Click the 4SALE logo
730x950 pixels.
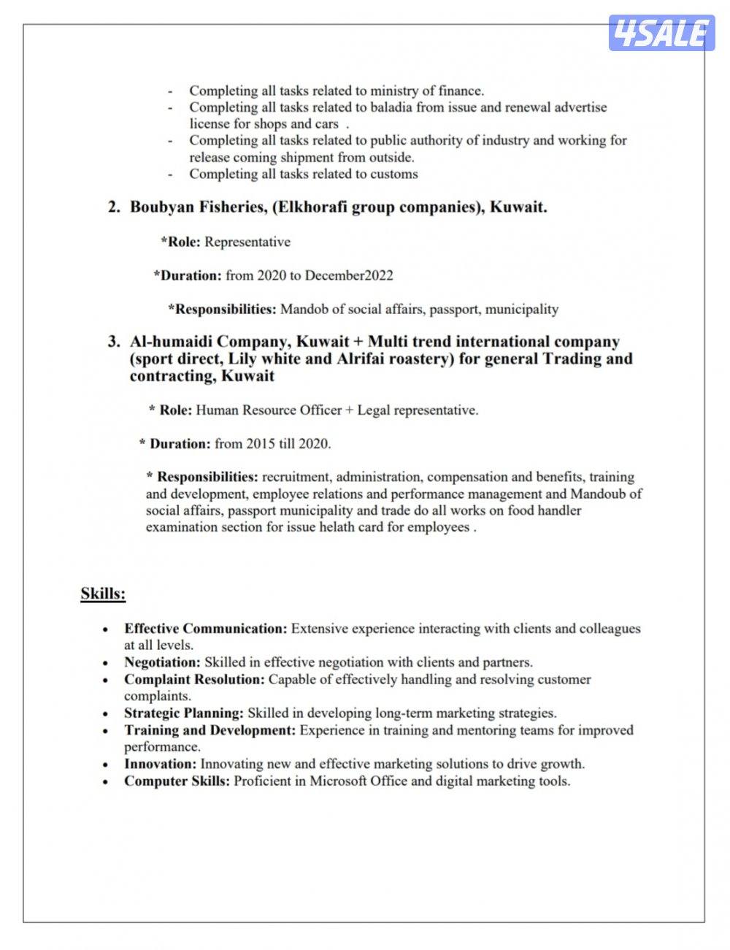[x=661, y=33]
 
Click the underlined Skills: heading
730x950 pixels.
[x=103, y=594]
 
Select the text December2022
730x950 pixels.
[x=349, y=275]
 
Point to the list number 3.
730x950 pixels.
[x=112, y=342]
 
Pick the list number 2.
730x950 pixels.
[x=112, y=207]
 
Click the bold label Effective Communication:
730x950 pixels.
[x=206, y=629]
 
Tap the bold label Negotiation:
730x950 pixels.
[x=162, y=663]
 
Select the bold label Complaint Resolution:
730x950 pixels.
[x=194, y=680]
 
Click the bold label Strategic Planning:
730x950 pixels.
[x=184, y=713]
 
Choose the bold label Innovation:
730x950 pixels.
[x=161, y=765]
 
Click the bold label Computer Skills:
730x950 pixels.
[x=177, y=781]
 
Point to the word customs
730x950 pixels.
[x=394, y=175]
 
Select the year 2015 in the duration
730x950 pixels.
[x=261, y=443]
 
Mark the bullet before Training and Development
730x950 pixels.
[x=107, y=731]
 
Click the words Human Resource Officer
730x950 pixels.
[x=269, y=410]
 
